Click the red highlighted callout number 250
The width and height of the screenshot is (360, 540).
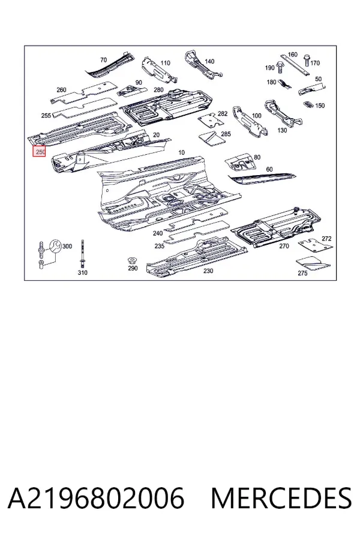point(39,151)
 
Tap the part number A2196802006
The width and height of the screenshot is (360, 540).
point(96,497)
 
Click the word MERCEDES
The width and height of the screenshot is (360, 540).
point(281,497)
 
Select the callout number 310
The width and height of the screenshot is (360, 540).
point(83,272)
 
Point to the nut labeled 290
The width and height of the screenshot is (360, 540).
point(131,260)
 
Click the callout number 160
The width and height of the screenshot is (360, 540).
point(292,55)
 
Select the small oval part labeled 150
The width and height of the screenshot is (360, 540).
point(308,104)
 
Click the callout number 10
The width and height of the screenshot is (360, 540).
point(181,152)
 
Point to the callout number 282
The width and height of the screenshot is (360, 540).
point(223,113)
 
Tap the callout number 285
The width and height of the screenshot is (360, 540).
point(226,134)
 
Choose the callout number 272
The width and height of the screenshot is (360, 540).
point(326,238)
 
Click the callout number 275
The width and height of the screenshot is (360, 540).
point(302,274)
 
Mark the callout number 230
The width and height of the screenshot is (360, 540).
point(208,271)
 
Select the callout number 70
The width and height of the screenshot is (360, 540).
point(103,60)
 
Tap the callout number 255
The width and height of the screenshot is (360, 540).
point(46,116)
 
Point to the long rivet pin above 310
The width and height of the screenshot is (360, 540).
point(83,253)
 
